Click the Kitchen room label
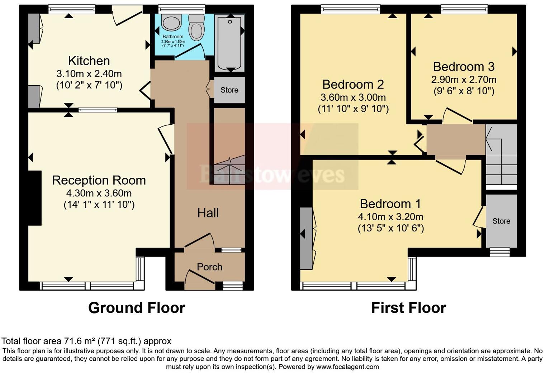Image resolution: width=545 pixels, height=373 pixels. (89, 61)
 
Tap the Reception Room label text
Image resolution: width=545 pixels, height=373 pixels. (99, 181)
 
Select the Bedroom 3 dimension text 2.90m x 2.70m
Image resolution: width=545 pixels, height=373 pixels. (464, 80)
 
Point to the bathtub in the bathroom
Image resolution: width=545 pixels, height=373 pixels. (229, 43)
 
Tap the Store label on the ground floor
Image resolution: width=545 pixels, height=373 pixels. (229, 90)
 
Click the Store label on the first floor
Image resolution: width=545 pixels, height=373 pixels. (501, 221)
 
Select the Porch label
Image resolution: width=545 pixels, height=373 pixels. (209, 267)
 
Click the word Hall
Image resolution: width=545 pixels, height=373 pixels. (208, 213)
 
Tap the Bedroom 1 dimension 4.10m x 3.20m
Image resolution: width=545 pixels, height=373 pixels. (391, 217)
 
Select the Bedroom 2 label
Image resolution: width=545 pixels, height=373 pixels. (353, 84)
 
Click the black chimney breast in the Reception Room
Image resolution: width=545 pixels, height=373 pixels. (35, 198)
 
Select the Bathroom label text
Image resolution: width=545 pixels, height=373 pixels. (173, 37)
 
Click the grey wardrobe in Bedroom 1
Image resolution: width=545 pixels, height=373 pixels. (306, 238)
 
